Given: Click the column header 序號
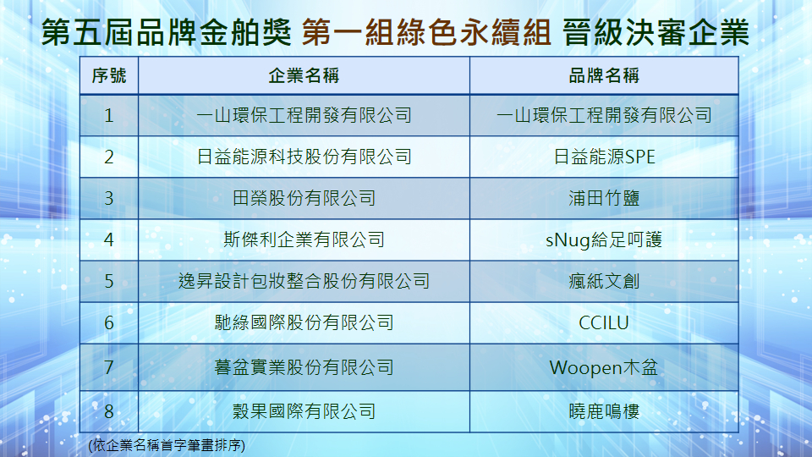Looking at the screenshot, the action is point(109,75).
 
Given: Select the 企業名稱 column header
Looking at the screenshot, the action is point(304,75).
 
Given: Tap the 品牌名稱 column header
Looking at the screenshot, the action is point(604,75).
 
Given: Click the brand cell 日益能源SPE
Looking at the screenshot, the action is point(604,157).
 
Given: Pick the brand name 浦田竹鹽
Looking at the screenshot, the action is point(604,198).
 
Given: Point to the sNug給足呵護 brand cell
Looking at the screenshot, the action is point(604,240).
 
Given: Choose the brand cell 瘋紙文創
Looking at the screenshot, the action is point(604,281).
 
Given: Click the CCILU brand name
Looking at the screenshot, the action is point(604,322).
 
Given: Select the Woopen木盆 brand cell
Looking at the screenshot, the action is point(604,367).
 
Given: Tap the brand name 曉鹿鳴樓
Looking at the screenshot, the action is point(604,411).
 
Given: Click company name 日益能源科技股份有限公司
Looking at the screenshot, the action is point(304,157).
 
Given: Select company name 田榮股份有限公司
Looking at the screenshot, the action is point(304,198).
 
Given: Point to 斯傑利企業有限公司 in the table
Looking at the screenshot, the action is point(304,240).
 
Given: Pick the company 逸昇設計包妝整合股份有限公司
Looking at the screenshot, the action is point(304,281).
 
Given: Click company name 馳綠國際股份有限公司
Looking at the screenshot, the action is point(304,322).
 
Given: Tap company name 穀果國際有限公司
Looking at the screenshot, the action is point(304,411).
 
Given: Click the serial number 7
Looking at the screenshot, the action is point(109,367).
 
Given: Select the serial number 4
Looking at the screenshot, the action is point(109,240).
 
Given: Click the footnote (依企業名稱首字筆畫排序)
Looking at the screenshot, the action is point(167,445).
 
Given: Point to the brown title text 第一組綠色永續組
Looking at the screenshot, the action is point(426,32).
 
